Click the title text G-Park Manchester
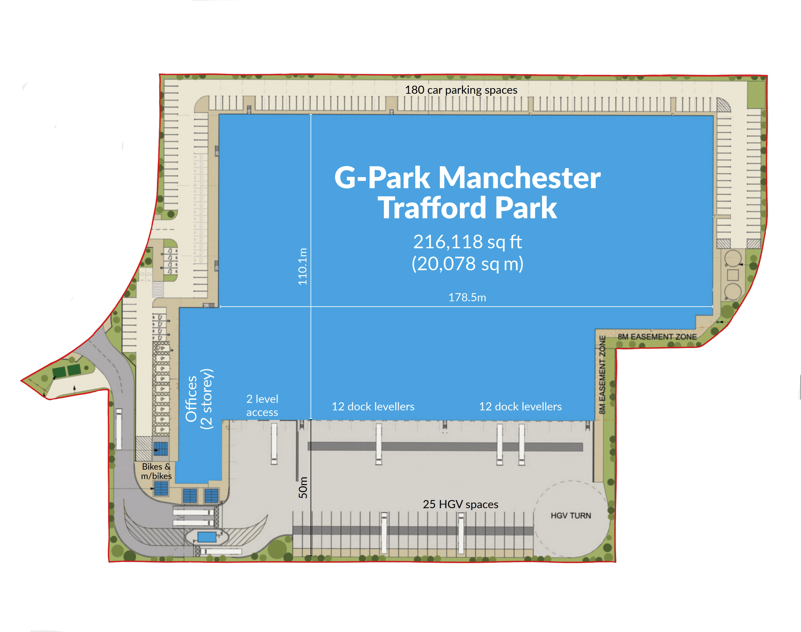point(467,178)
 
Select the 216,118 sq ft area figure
point(467,242)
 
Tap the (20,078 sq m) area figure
point(467,264)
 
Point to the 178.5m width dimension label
point(467,298)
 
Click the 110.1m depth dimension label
point(303,266)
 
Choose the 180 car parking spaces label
point(461,90)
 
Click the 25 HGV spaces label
point(461,504)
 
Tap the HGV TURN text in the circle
point(571,515)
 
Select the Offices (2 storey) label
point(199,399)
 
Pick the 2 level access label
point(262,406)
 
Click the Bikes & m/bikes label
point(156,471)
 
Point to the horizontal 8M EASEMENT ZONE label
point(657,337)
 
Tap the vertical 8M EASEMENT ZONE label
point(602,375)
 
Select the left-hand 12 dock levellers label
point(373,407)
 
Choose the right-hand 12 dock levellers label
point(520,407)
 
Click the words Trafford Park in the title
point(467,208)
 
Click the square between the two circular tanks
point(733,275)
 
